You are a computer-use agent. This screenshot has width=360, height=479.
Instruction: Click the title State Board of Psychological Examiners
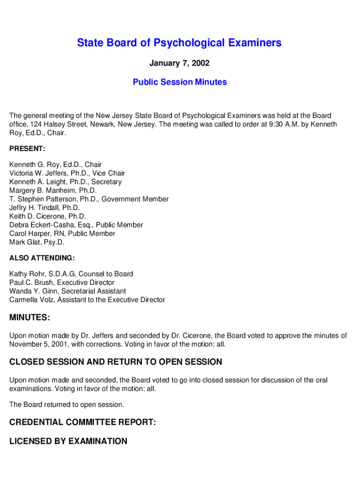click(x=180, y=43)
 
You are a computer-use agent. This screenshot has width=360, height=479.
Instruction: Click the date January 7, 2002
click(x=180, y=63)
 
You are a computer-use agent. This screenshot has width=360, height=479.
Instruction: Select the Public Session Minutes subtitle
click(x=180, y=82)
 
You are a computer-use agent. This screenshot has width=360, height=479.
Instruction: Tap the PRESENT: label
click(x=27, y=149)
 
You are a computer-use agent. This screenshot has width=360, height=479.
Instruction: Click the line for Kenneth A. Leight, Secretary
click(x=65, y=182)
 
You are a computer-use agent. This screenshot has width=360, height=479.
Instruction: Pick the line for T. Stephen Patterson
click(x=89, y=199)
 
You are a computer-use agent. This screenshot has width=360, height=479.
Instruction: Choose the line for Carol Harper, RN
click(x=62, y=233)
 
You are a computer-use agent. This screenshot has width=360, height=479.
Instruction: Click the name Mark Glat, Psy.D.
click(x=37, y=242)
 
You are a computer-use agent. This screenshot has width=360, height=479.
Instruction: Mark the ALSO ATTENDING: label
click(x=42, y=258)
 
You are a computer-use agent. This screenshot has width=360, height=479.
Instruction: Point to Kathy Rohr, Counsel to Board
click(x=71, y=274)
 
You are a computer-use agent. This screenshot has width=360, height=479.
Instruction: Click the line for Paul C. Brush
click(x=62, y=283)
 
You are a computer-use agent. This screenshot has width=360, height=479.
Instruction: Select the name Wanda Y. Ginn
click(x=34, y=291)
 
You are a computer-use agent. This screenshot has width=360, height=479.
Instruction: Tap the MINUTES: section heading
click(x=30, y=318)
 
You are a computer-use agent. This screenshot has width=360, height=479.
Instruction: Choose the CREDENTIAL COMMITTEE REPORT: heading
click(x=82, y=422)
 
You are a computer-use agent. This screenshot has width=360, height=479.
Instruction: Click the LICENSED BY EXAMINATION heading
click(x=68, y=441)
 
